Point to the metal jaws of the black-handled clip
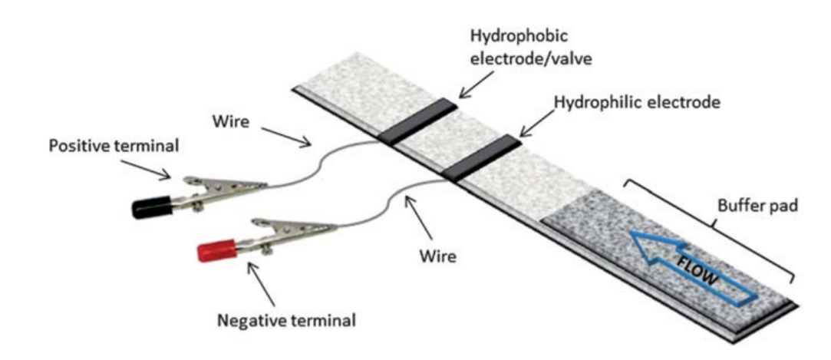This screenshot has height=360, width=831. tap(230, 187)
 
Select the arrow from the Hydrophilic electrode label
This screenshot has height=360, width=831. tap(535, 124)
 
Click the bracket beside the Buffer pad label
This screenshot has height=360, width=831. tap(709, 226)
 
